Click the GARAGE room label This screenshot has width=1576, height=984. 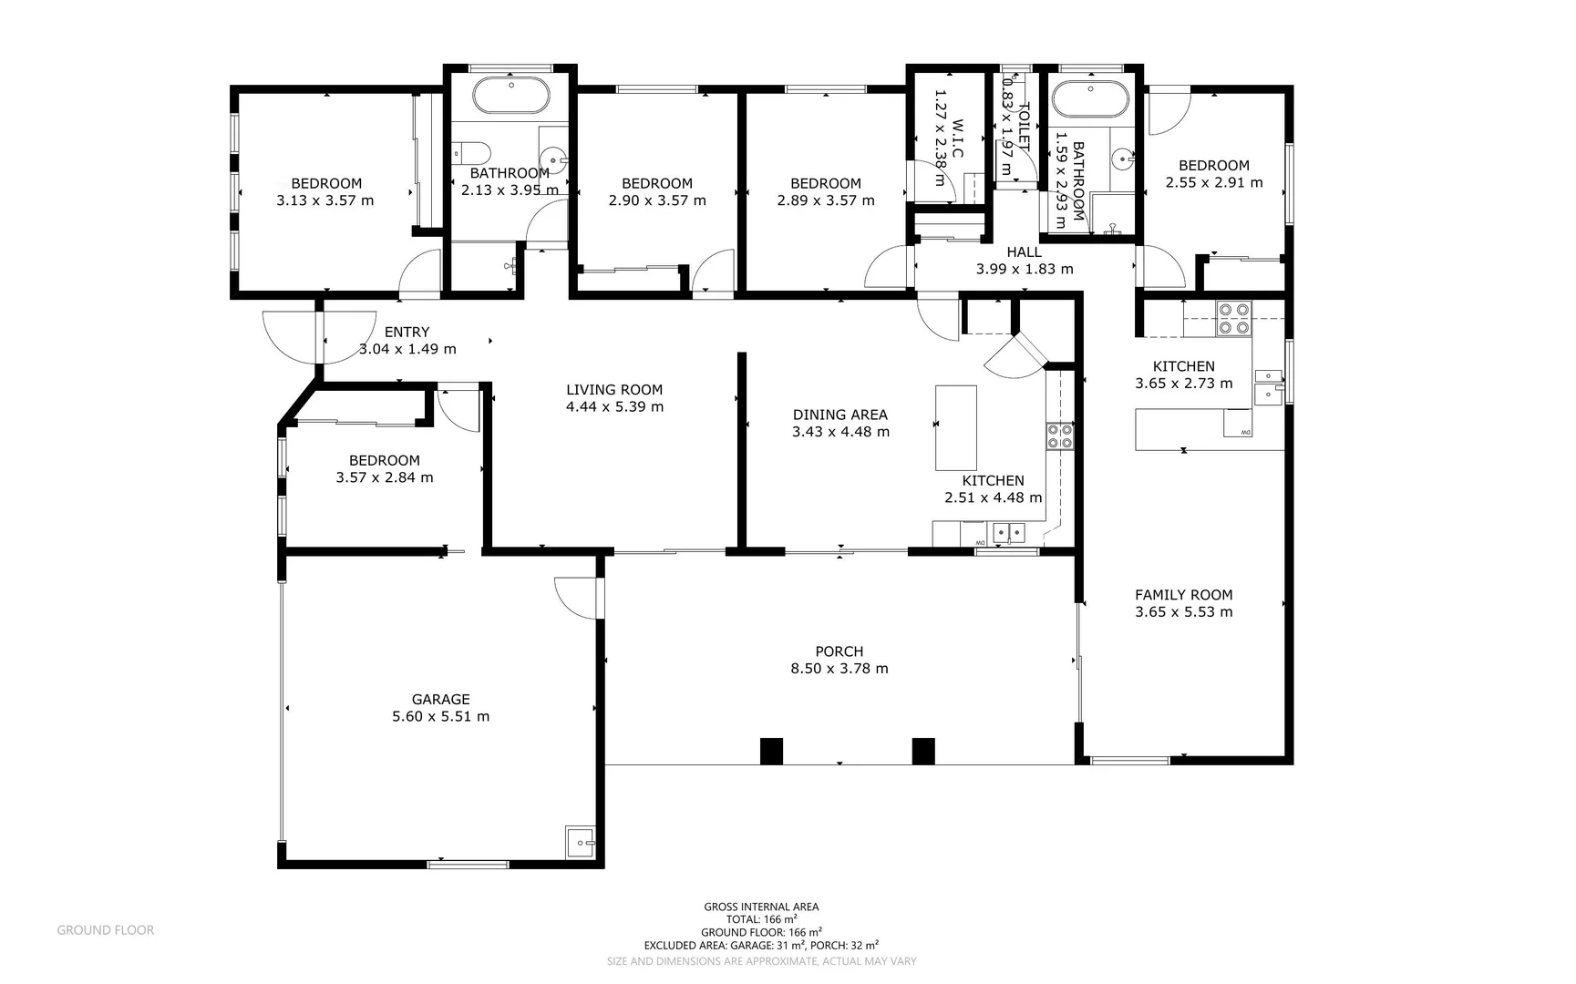click(440, 700)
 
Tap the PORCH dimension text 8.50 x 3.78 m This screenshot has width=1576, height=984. click(839, 669)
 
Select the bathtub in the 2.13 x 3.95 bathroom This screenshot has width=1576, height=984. click(510, 96)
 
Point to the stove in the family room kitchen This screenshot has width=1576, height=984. click(1233, 319)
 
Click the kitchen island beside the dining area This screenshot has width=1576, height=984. click(956, 426)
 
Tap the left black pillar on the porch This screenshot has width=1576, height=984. click(771, 751)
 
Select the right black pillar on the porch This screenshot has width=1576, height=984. click(923, 751)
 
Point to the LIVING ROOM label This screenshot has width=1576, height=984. click(614, 390)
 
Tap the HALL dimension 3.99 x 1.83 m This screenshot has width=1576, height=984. click(1025, 270)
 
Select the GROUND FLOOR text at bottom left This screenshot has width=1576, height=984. click(106, 930)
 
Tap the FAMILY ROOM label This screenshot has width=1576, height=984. click(1183, 595)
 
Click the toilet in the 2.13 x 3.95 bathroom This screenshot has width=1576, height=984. click(473, 151)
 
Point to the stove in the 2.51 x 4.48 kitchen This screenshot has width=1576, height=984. click(1059, 436)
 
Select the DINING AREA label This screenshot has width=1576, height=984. click(840, 415)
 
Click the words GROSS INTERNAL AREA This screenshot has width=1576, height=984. click(761, 907)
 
